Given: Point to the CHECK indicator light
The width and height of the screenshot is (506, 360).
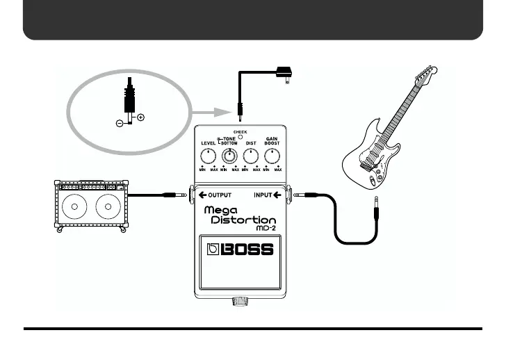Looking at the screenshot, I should click(x=240, y=136).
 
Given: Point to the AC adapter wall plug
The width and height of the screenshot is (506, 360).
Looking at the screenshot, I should click(x=283, y=72).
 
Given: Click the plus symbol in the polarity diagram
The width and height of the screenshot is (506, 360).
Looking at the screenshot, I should click(x=141, y=117).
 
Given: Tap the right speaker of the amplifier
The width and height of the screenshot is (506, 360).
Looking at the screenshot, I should click(x=107, y=206).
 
